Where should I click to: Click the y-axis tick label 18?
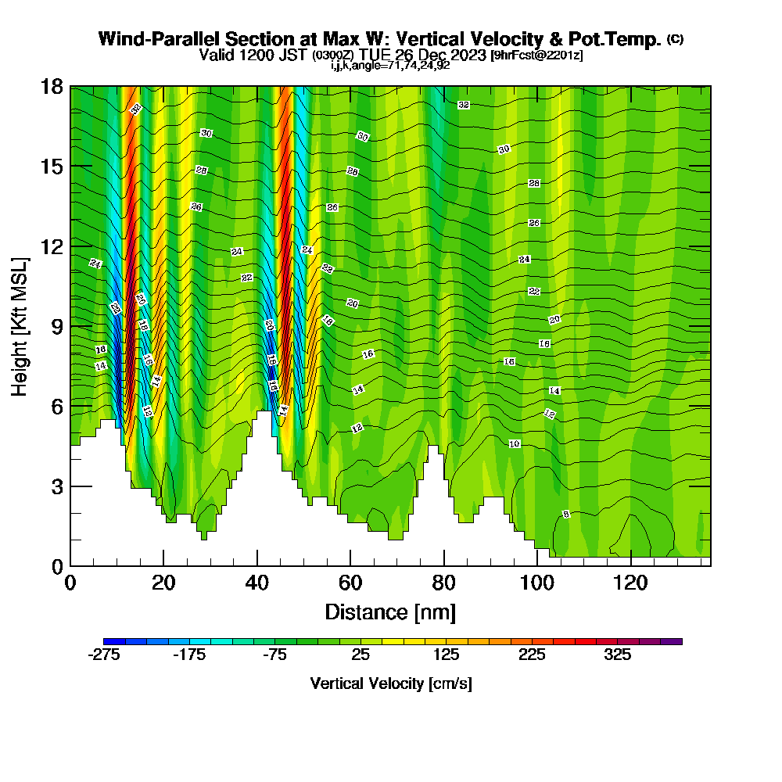pos(52,87)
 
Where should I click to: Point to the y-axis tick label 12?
pos(52,246)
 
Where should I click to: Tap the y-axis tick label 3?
pos(56,486)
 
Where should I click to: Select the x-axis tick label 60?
pos(350,583)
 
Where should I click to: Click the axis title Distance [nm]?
pos(390,612)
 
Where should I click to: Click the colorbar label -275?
pos(103,655)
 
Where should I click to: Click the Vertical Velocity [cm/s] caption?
pos(391,683)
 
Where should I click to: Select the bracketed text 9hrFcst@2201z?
pos(536,56)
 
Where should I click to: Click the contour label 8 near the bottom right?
pos(566,514)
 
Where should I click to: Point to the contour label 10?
pos(514,443)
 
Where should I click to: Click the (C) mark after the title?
pos(675,39)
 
